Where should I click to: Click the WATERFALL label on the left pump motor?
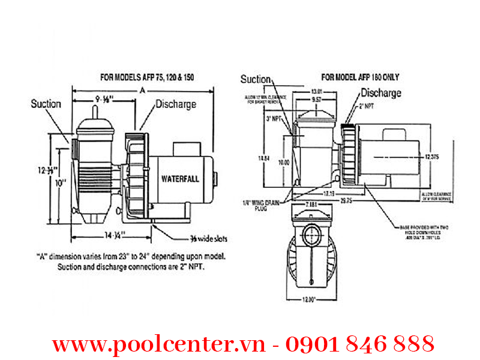point(180,179)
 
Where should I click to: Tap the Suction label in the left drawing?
point(46,104)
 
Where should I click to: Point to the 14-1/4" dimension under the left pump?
point(113,235)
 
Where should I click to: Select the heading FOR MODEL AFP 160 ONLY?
point(360,77)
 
